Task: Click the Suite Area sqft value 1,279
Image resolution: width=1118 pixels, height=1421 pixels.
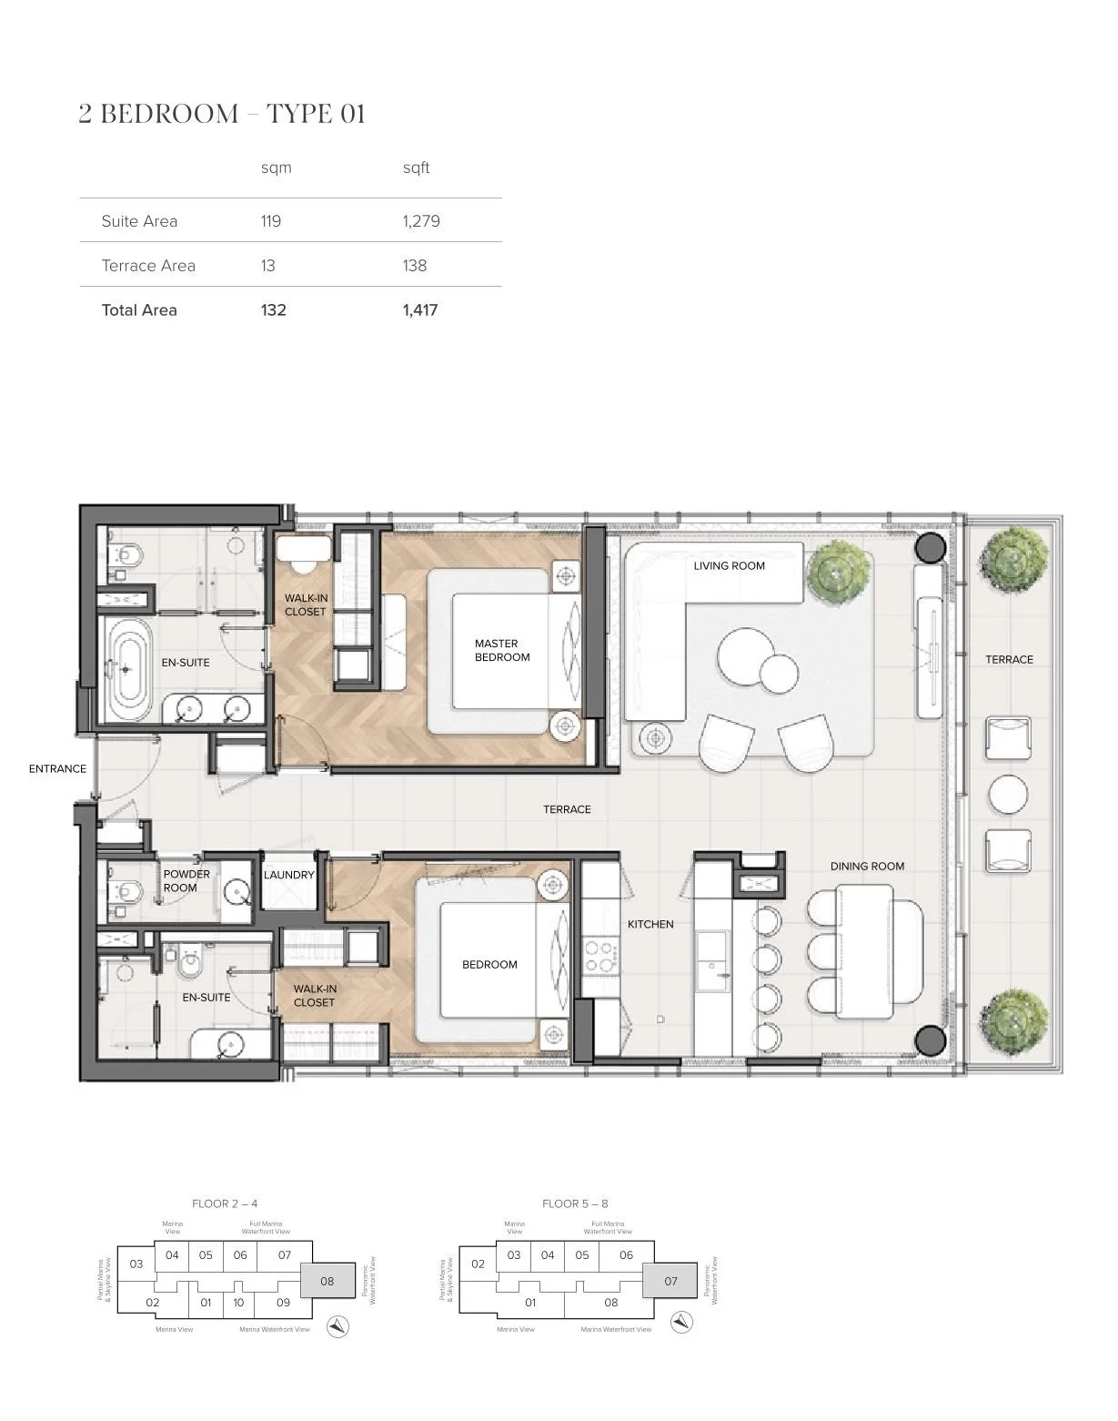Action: point(421,221)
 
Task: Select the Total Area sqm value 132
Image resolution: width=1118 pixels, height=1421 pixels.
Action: point(273,310)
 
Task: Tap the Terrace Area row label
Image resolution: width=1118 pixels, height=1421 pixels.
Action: point(148,266)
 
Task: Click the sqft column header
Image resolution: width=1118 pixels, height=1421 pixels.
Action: point(416,167)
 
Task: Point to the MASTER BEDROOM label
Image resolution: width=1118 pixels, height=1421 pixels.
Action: point(501,650)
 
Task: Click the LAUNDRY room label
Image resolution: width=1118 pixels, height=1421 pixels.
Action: point(288,875)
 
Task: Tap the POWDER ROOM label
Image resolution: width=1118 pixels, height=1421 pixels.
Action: point(186,880)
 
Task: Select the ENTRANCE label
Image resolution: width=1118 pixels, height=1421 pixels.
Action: point(57,769)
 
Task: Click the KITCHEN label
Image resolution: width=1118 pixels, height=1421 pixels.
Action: point(650,924)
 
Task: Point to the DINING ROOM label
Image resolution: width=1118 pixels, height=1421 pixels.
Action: point(867,867)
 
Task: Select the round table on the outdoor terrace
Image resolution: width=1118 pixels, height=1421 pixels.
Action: point(1008,795)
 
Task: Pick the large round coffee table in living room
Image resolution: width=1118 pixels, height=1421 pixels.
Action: point(748,656)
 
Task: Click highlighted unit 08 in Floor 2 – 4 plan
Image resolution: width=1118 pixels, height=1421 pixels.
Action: point(327,1281)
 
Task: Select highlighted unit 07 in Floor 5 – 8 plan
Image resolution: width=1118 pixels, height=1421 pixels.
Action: point(670,1281)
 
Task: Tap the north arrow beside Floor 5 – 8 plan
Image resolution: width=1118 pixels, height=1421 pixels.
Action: point(681,1322)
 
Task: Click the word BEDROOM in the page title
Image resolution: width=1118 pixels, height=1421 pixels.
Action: point(169,114)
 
